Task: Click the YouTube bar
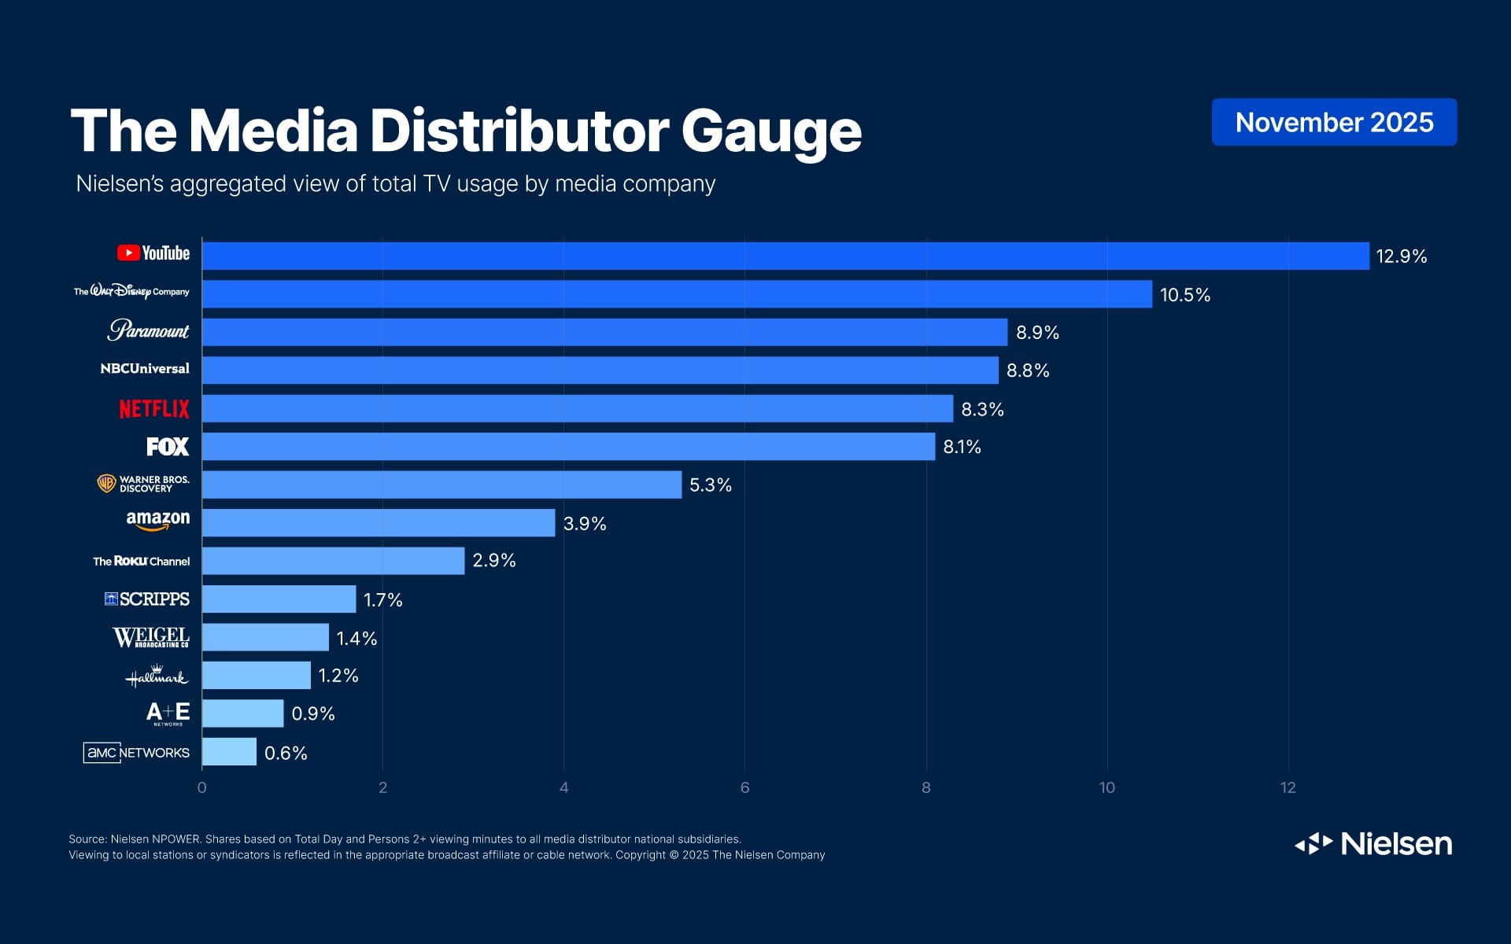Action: [x=785, y=256]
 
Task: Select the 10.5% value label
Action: [x=1184, y=295]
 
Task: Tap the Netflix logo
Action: [x=154, y=409]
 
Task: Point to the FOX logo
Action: [x=168, y=447]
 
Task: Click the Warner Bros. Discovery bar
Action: [x=441, y=485]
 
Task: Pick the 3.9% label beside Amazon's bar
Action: [x=585, y=524]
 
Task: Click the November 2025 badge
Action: [x=1334, y=122]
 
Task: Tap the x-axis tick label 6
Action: [x=744, y=787]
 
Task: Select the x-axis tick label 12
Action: [x=1287, y=787]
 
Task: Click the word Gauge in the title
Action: [x=770, y=131]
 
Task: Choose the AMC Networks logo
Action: [x=136, y=753]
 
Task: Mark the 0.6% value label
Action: [x=286, y=754]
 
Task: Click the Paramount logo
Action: [x=148, y=330]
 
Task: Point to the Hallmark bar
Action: [x=257, y=676]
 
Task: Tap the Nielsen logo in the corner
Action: [x=1373, y=843]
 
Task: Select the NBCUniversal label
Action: [x=145, y=369]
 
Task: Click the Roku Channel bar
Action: [x=333, y=561]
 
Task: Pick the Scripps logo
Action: [x=147, y=599]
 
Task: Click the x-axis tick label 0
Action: [x=202, y=787]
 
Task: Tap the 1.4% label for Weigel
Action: [x=357, y=639]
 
